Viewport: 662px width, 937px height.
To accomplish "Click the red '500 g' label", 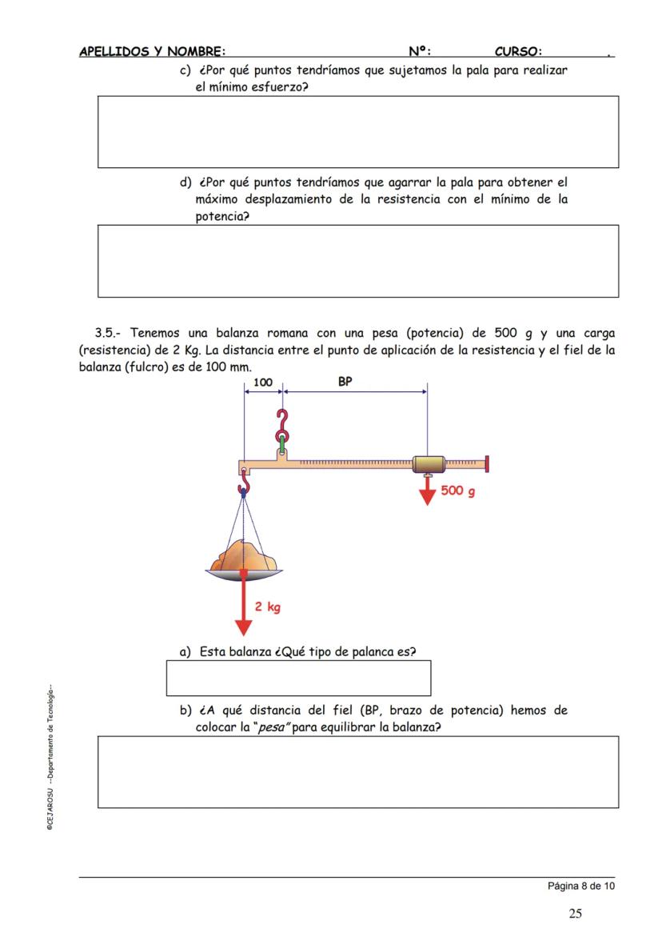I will [x=457, y=491].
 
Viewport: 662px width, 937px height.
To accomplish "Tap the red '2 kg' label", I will [x=268, y=607].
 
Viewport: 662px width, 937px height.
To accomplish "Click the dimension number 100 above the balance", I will [x=262, y=382].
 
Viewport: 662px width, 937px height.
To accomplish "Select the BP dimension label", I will [x=345, y=382].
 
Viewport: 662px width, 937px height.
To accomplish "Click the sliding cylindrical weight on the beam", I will [x=429, y=464].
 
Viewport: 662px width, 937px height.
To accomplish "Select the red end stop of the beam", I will [x=487, y=463].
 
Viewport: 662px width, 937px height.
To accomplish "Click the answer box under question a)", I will [x=298, y=678].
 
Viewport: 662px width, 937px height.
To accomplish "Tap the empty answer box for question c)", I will [x=357, y=131].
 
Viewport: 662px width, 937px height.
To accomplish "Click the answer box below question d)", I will [x=357, y=261].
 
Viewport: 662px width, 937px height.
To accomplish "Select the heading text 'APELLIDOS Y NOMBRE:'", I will [x=152, y=52].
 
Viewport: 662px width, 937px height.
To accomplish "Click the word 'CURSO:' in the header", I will [x=518, y=52].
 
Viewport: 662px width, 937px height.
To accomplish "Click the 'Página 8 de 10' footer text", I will [x=580, y=886].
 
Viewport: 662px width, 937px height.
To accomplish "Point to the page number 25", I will [x=575, y=914].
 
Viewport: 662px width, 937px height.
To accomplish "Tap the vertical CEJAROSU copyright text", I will [x=50, y=756].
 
